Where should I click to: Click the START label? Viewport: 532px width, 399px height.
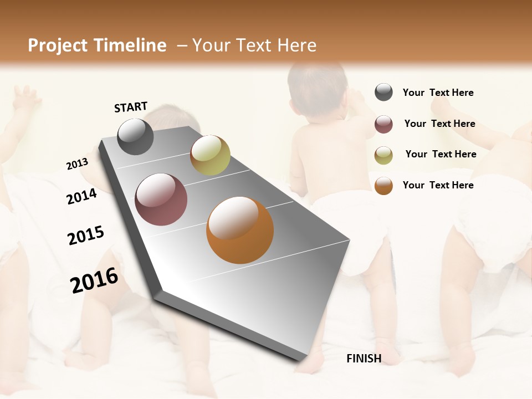(131, 107)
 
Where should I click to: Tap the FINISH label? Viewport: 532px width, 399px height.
(364, 359)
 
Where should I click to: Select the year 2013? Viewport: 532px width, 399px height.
(78, 163)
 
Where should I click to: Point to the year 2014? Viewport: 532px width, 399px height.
(82, 196)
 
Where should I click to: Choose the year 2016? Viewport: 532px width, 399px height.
(94, 280)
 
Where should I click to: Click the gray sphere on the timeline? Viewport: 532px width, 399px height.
(135, 136)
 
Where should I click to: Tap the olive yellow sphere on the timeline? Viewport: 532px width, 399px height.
(210, 155)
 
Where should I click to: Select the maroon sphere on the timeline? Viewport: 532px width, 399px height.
(161, 199)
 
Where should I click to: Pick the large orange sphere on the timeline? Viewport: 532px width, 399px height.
(240, 230)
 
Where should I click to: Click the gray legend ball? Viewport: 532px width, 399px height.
(383, 92)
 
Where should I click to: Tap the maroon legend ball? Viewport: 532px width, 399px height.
(383, 124)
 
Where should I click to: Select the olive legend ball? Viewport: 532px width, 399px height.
(383, 155)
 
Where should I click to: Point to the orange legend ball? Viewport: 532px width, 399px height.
(383, 186)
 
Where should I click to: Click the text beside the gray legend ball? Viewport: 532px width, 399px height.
(438, 93)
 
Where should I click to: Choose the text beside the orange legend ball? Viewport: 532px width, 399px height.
(438, 185)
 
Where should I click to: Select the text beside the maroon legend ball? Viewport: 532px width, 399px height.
(439, 124)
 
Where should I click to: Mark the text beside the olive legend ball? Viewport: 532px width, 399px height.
(441, 154)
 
